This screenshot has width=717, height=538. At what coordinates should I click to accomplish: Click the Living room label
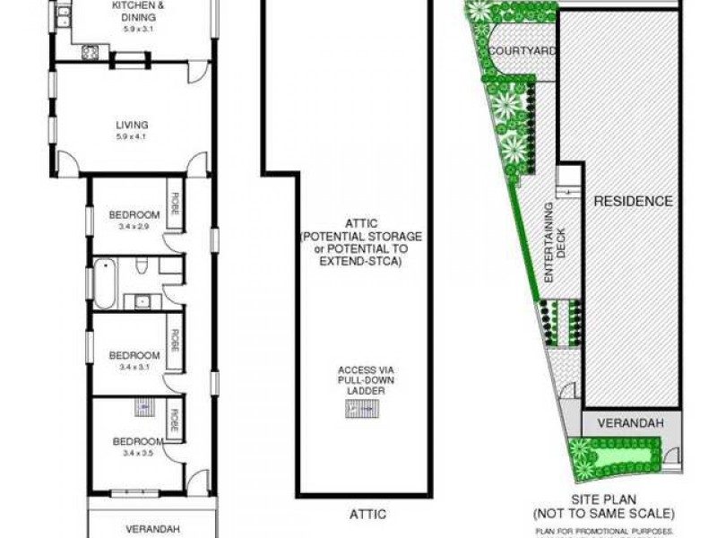[131, 126]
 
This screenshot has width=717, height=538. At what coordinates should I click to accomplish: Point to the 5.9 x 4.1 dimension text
[131, 137]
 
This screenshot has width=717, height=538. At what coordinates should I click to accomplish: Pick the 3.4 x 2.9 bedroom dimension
[133, 226]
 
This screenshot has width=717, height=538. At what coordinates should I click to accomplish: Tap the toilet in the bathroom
[142, 267]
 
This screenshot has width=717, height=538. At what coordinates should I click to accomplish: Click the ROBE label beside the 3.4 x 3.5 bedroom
[176, 422]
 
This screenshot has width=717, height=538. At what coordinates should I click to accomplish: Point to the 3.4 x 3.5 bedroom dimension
[137, 453]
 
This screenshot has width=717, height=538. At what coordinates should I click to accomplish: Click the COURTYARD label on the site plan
[523, 51]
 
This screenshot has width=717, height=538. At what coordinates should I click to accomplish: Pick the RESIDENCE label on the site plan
[634, 201]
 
